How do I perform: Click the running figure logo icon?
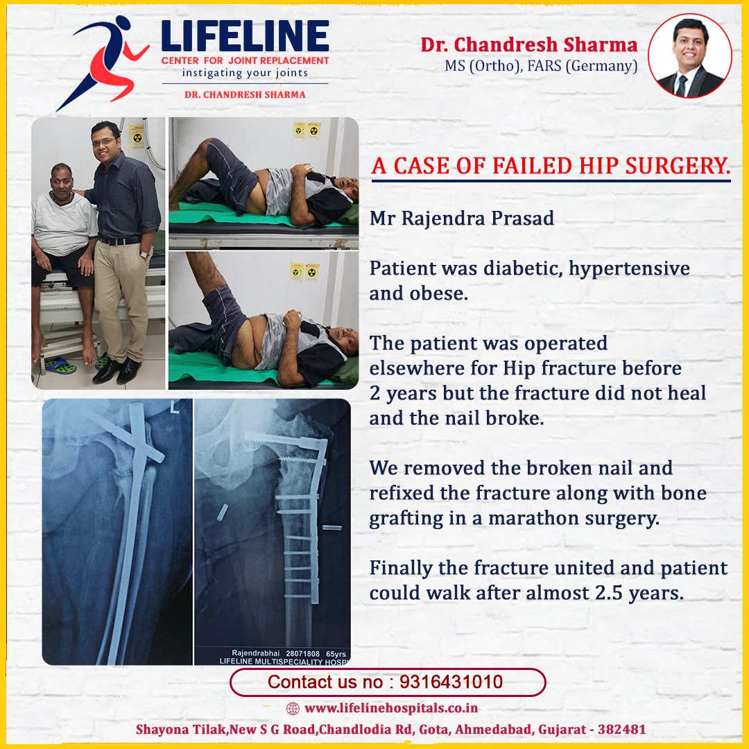[103, 62]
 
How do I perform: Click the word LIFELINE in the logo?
[245, 36]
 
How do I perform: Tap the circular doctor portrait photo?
[690, 56]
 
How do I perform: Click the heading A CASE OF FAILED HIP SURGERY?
[551, 166]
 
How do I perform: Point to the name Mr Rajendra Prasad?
[462, 218]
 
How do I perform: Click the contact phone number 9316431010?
[451, 682]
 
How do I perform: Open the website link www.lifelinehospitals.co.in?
[391, 708]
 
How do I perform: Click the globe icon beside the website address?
[293, 708]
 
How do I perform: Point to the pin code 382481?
[621, 730]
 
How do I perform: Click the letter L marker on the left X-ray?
[175, 407]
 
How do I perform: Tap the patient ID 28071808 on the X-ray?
[302, 653]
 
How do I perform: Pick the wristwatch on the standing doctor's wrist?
[144, 254]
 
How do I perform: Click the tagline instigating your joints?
[245, 73]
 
